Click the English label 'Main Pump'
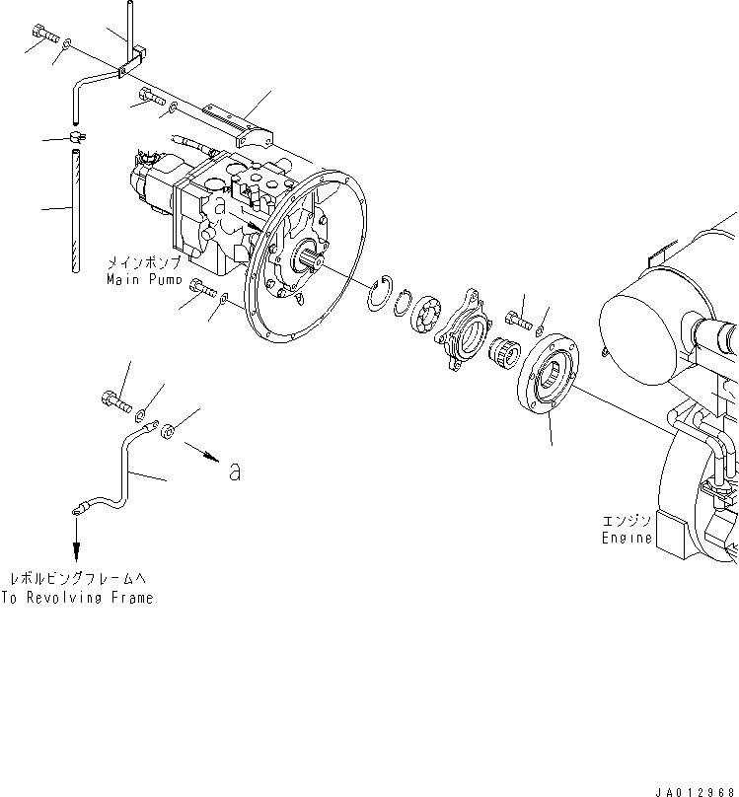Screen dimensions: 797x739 (146, 279)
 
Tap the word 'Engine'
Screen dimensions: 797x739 (628, 538)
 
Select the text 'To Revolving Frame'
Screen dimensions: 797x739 (77, 598)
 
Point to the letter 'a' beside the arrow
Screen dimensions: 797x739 (235, 472)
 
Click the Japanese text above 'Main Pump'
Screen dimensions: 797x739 (144, 263)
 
